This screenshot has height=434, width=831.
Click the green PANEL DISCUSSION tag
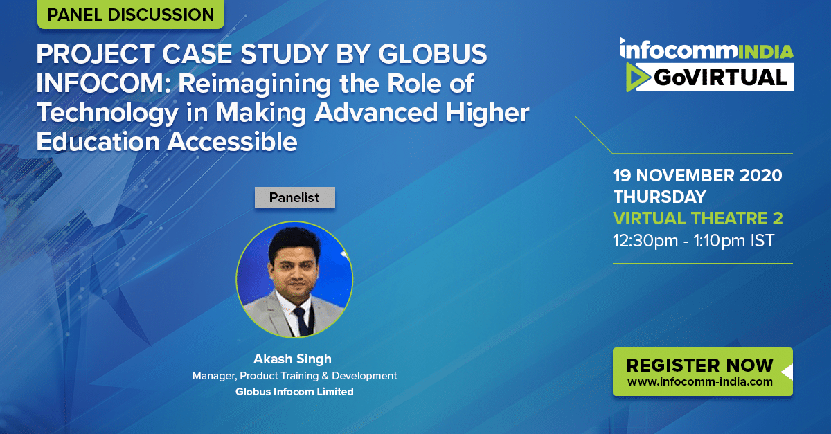coord(131,14)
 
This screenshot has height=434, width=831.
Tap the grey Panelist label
coord(294,197)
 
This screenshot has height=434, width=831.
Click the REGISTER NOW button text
coord(699,365)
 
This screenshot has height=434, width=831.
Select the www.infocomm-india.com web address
coord(699,381)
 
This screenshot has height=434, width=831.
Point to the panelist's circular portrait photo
coord(294,280)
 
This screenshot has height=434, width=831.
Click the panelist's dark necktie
coord(302,321)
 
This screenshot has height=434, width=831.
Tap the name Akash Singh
coord(292,359)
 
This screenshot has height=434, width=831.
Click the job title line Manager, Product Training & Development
coord(294,376)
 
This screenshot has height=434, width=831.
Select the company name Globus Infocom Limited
coord(294,392)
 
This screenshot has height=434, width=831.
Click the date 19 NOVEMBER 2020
coord(697,175)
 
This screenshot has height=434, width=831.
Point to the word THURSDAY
coord(659,197)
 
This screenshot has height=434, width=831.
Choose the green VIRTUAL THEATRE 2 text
coord(698,218)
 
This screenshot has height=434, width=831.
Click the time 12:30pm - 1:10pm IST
coord(693,240)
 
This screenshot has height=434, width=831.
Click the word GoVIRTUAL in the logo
coord(720,77)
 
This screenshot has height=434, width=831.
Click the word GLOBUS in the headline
coord(432,54)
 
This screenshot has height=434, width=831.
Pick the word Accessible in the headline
coord(232,142)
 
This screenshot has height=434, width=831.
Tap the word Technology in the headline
coord(107,113)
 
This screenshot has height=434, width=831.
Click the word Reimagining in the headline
coord(255,84)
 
